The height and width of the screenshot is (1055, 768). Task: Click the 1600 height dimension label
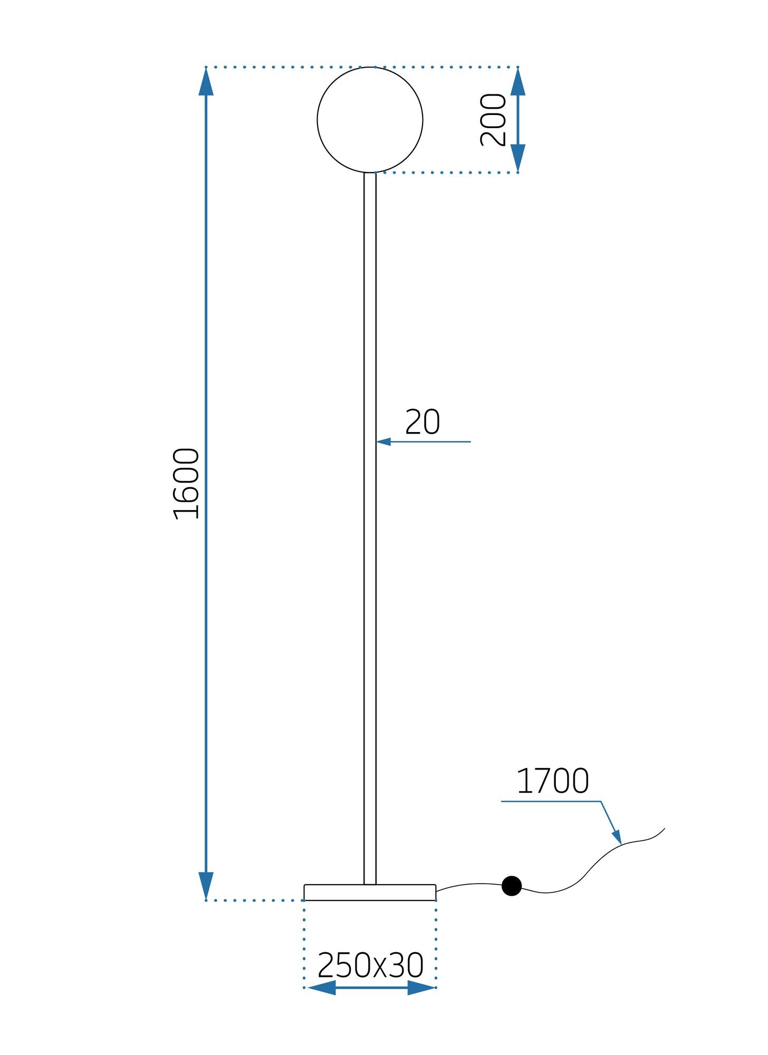pyautogui.click(x=187, y=484)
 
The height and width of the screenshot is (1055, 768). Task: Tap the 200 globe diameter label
pyautogui.click(x=493, y=120)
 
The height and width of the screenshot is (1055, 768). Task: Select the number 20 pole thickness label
pyautogui.click(x=422, y=422)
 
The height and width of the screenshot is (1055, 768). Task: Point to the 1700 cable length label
pyautogui.click(x=552, y=781)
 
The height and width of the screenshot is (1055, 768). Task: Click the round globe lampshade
pyautogui.click(x=370, y=120)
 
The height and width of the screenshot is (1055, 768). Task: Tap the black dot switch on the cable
pyautogui.click(x=511, y=886)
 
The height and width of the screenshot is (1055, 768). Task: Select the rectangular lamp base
pyautogui.click(x=370, y=892)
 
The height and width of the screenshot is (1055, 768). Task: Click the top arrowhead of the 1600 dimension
pyautogui.click(x=206, y=82)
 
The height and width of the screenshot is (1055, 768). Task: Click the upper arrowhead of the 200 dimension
pyautogui.click(x=517, y=82)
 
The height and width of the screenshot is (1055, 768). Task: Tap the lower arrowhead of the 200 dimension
pyautogui.click(x=517, y=157)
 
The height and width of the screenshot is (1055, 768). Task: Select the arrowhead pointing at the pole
pyautogui.click(x=383, y=442)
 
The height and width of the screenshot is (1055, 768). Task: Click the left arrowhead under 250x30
pyautogui.click(x=322, y=987)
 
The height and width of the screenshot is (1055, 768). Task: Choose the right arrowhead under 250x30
pyautogui.click(x=420, y=987)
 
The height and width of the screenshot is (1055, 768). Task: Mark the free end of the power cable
pyautogui.click(x=664, y=829)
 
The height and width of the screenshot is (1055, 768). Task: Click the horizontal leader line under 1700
pyautogui.click(x=551, y=801)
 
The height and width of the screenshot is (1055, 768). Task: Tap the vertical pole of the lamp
pyautogui.click(x=370, y=527)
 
